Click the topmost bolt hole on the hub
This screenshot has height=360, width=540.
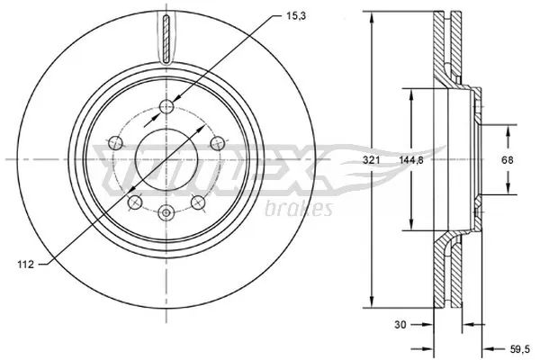pyautogui.click(x=165, y=109)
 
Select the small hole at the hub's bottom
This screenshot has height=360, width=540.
pyautogui.click(x=165, y=212)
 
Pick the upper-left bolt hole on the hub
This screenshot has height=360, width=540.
pyautogui.click(x=114, y=141)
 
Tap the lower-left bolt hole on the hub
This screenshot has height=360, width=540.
pyautogui.click(x=133, y=202)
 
